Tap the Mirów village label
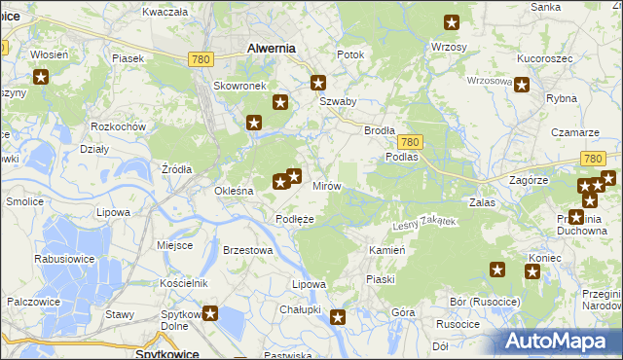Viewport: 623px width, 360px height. click(325, 185)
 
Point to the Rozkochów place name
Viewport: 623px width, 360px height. click(117, 127)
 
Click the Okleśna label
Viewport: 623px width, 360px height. click(234, 191)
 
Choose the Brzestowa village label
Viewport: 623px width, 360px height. click(246, 250)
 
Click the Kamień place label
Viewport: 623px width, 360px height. click(386, 250)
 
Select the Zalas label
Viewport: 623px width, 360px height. click(483, 202)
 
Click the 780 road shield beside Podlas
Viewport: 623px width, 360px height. click(409, 141)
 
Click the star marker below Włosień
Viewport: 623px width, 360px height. click(41, 78)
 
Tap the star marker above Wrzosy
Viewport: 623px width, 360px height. click(452, 22)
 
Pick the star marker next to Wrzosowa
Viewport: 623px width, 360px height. click(522, 85)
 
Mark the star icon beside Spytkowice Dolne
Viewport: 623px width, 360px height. click(209, 313)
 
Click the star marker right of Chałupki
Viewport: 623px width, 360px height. click(338, 315)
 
